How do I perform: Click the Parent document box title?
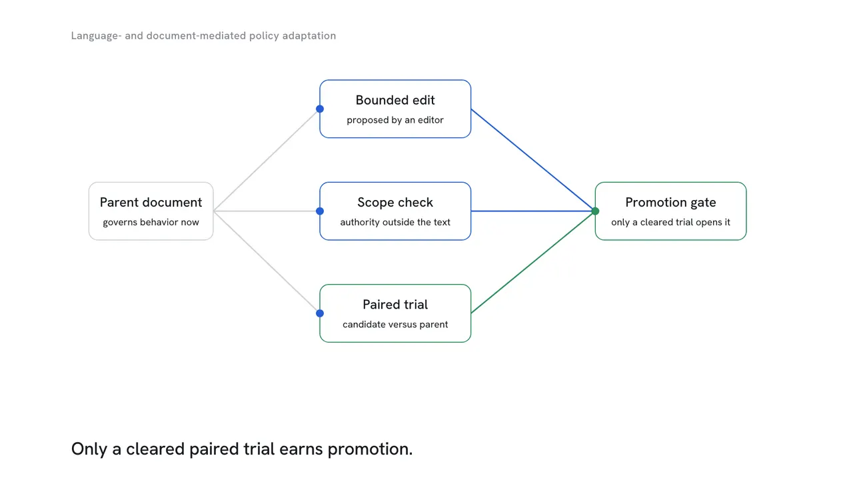[151, 202]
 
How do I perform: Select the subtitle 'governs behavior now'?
[151, 222]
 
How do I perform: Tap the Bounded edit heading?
[395, 100]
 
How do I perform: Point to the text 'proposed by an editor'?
[395, 120]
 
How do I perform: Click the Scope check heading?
[395, 202]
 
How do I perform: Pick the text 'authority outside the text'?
[395, 222]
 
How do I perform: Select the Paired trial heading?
[395, 305]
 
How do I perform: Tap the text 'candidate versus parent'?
[395, 324]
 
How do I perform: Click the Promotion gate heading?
[670, 202]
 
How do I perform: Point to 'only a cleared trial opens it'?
[670, 222]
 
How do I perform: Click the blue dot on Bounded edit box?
[320, 109]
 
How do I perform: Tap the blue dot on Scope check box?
[320, 211]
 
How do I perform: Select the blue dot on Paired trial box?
[320, 313]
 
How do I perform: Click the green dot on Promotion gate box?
[595, 211]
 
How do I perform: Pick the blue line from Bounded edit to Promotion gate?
[533, 160]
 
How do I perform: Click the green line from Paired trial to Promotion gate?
[533, 262]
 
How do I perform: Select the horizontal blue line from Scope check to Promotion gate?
[533, 211]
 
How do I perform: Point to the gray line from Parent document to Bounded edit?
[267, 160]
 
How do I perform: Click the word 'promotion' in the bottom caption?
[370, 449]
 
